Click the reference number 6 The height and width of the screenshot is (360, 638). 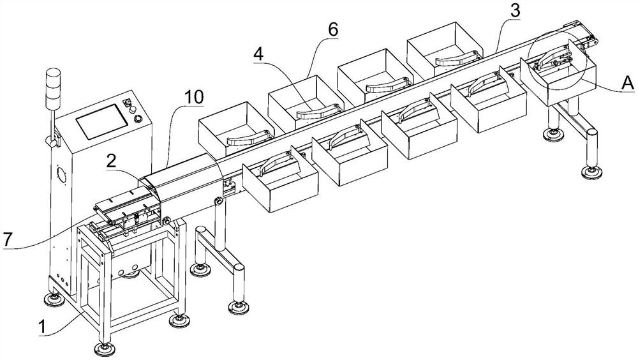(333, 30)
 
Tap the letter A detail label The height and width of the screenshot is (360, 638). (627, 82)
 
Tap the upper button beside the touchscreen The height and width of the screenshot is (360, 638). (130, 103)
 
